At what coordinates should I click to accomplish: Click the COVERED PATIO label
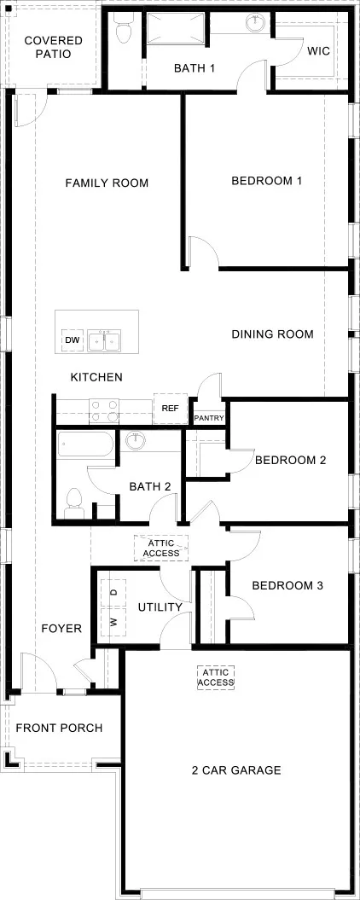pos(53,47)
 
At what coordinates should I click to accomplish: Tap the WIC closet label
pos(318,50)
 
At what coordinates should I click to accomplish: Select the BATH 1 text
pos(195,68)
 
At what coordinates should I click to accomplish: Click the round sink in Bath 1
pos(255,24)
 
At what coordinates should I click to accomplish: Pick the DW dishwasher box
pos(72,341)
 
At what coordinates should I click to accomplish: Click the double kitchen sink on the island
pos(107,341)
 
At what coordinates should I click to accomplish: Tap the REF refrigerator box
pos(170,409)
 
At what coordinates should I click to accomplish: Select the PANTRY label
pos(209,418)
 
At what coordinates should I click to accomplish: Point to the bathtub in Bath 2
pos(85,444)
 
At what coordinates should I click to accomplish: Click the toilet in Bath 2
pos(73,501)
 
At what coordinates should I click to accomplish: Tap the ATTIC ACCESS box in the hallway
pos(161,548)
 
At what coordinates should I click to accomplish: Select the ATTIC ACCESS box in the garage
pos(216,677)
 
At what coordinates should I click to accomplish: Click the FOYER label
pos(61,629)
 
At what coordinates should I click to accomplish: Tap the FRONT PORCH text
pos(60,728)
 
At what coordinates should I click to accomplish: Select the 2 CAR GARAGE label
pos(236,770)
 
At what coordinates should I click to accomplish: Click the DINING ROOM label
pos(272,334)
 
